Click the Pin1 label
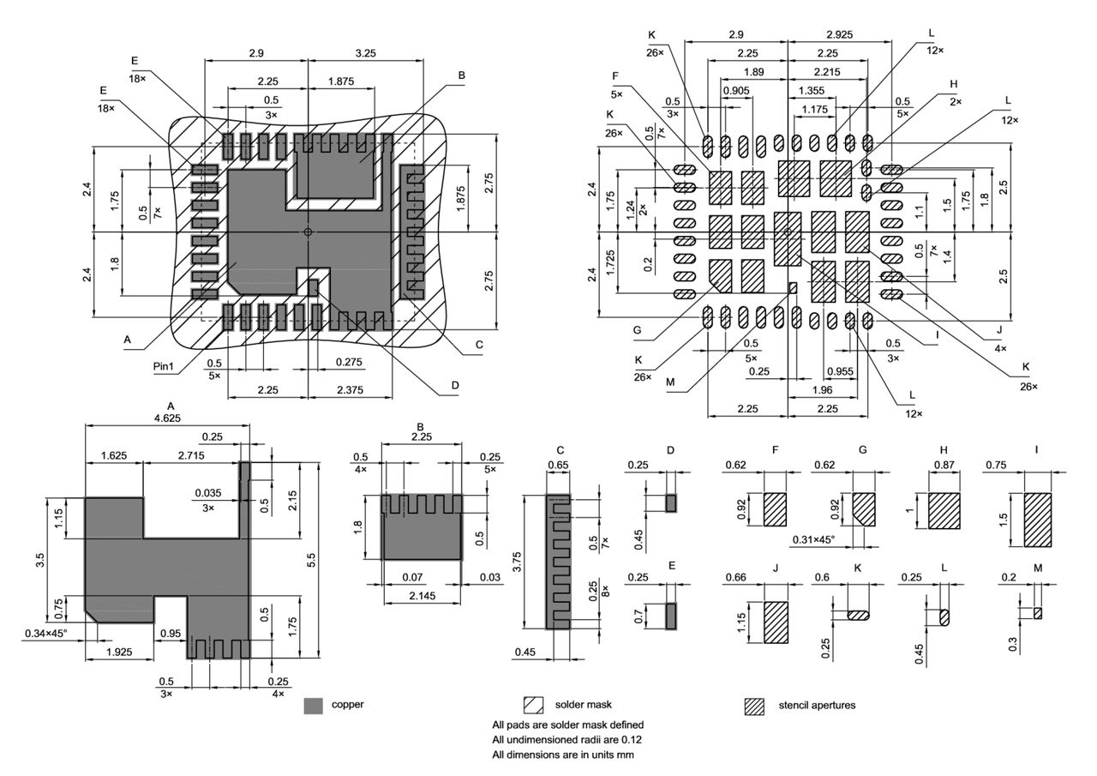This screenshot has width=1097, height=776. pyautogui.click(x=164, y=367)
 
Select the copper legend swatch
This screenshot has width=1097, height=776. pyautogui.click(x=314, y=706)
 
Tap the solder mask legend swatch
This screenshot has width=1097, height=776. pyautogui.click(x=533, y=706)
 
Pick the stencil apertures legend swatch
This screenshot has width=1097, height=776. pyautogui.click(x=754, y=706)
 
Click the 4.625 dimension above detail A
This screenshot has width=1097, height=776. pyautogui.click(x=166, y=418)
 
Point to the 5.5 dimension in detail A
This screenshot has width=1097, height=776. pyautogui.click(x=312, y=560)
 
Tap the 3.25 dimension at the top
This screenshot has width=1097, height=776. pyautogui.click(x=364, y=53)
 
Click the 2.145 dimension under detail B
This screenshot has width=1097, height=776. pyautogui.click(x=420, y=595)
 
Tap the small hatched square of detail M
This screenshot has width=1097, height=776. pyautogui.click(x=1038, y=613)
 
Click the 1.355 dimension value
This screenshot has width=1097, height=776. pyautogui.click(x=812, y=91)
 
